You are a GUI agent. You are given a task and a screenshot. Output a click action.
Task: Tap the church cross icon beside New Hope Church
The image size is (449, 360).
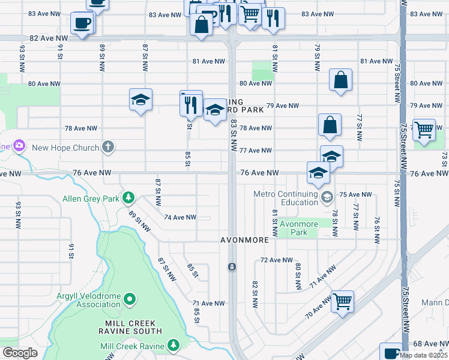pyautogui.click(x=108, y=147)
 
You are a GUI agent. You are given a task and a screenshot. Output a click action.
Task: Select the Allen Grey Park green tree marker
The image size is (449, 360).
pyautogui.click(x=127, y=197)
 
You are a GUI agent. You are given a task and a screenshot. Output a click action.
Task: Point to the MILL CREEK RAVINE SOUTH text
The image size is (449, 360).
pyautogui.click(x=130, y=327)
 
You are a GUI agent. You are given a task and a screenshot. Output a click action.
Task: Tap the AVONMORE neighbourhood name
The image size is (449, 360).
pyautogui.click(x=244, y=240)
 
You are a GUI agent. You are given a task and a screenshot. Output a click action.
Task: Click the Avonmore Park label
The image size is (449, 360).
pyautogui.click(x=298, y=228)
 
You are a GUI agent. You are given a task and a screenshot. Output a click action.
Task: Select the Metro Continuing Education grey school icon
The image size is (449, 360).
pyautogui.click(x=327, y=197)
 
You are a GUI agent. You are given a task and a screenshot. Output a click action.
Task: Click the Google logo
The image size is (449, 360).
pyautogui.click(x=20, y=353)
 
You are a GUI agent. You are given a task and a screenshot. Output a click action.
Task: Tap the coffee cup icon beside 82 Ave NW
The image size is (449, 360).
pyautogui.click(x=82, y=23)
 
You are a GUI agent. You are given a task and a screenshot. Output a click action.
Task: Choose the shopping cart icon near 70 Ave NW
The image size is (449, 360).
pyautogui.click(x=342, y=301)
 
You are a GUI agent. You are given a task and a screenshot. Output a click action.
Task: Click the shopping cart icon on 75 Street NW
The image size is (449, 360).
pyautogui.click(x=424, y=129)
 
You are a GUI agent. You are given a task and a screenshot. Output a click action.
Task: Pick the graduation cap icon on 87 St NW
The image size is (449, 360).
pyautogui.click(x=140, y=100)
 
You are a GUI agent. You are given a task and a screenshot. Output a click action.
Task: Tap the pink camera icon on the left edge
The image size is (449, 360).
pyautogui.click(x=19, y=145)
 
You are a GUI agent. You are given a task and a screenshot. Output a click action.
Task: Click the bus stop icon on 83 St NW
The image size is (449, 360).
pyautogui.click(x=232, y=266)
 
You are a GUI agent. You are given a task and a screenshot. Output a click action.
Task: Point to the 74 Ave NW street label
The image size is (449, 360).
pyautogui.click(x=180, y=217)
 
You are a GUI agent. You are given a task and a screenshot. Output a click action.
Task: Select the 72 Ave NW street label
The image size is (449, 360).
pyautogui.click(x=277, y=260)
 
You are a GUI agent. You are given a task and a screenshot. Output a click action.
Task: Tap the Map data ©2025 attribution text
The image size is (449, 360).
pyautogui.click(x=423, y=355)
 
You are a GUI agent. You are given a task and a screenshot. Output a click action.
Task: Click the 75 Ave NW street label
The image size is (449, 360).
pyautogui.click(x=355, y=194)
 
